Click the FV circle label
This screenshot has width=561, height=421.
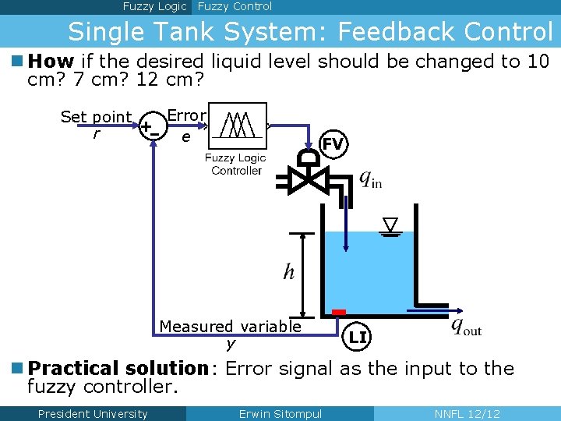click(333, 143)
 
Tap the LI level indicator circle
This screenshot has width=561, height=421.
click(358, 337)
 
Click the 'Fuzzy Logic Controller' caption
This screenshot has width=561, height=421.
click(235, 164)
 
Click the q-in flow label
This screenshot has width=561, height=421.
click(370, 179)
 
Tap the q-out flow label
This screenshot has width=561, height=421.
click(466, 326)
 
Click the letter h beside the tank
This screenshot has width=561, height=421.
click(289, 271)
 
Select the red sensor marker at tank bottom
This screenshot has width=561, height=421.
click(338, 313)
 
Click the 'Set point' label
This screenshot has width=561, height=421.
click(97, 117)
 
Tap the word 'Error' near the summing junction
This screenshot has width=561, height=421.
click(186, 115)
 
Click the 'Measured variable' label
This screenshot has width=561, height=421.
click(230, 327)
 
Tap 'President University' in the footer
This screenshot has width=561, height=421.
click(92, 414)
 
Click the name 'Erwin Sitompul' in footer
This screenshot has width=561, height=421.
click(280, 414)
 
